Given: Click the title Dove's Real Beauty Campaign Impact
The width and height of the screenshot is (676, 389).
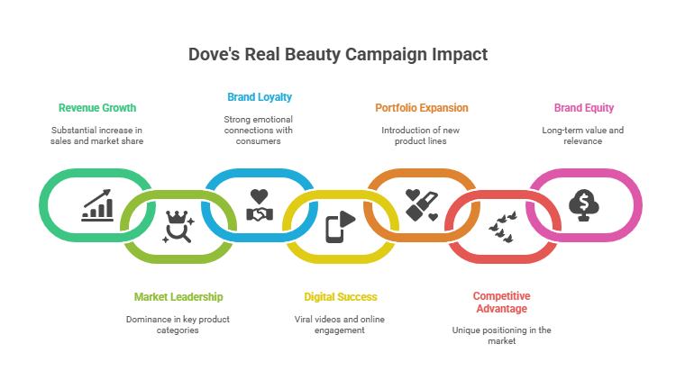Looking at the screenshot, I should (337, 54).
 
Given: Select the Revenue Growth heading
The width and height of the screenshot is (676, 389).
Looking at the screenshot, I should (97, 108).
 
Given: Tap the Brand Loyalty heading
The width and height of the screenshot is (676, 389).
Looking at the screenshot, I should (259, 96).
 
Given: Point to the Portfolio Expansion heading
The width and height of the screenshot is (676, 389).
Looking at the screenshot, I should (421, 108).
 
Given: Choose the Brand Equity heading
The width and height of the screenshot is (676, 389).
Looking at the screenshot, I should (583, 108).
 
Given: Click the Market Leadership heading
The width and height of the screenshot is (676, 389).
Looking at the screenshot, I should (178, 296).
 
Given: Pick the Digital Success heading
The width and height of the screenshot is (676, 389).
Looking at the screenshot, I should (341, 296).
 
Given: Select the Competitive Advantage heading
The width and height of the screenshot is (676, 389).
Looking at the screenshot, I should (502, 302).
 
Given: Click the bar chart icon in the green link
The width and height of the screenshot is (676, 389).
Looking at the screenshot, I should (97, 206).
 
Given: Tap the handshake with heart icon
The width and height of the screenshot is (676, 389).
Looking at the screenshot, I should (259, 206).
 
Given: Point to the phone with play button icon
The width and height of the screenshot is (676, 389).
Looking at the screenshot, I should (340, 226).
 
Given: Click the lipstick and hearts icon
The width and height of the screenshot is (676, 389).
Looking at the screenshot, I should (421, 206).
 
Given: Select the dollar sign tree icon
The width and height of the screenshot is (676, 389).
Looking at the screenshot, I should (583, 206).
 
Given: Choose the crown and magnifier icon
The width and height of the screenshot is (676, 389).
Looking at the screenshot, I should (178, 227).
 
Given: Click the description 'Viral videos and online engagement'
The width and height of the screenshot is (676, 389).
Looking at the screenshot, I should (341, 324).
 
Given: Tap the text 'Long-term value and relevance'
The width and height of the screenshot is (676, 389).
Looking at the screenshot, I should (583, 135).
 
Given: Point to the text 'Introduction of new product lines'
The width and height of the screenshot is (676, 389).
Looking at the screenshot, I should (421, 135).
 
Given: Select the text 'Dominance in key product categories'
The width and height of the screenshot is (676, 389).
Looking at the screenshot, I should (178, 324).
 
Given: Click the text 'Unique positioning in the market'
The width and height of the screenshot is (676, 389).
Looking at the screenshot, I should (502, 335).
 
